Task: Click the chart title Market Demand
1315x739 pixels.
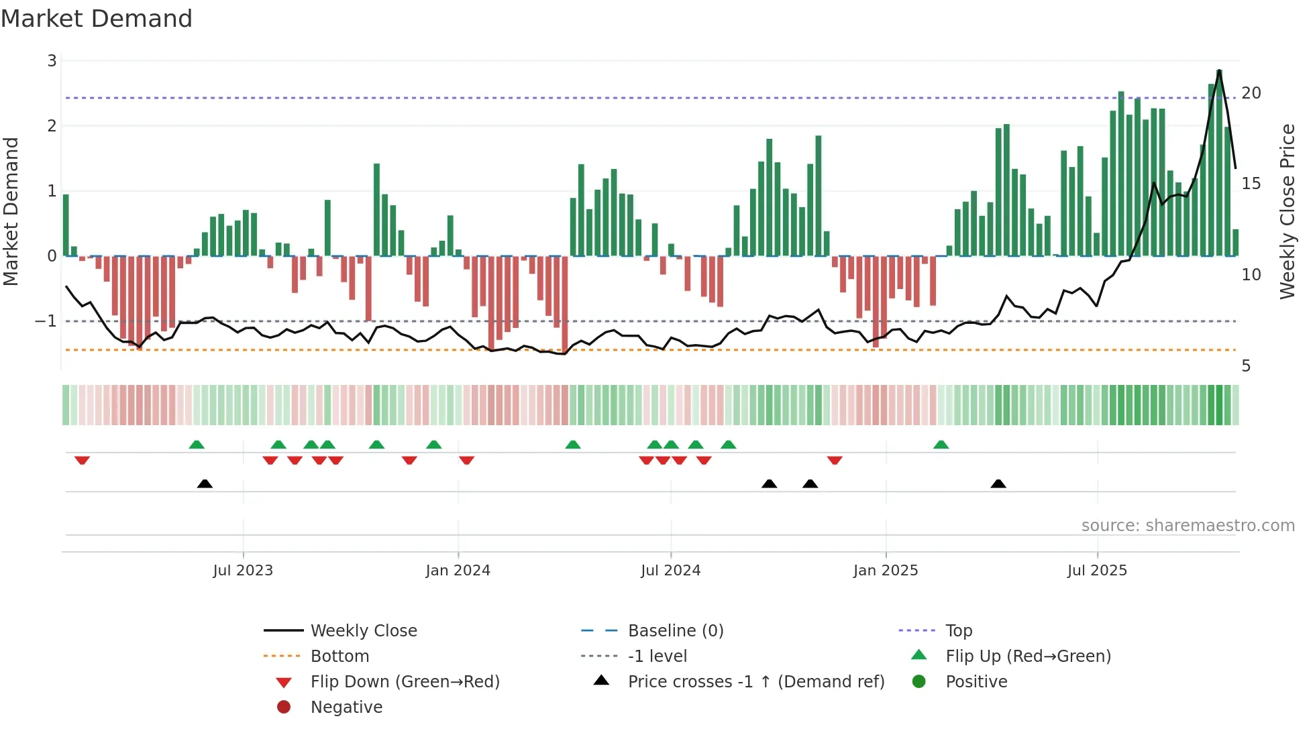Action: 97,19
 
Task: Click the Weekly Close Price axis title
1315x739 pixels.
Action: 1287,211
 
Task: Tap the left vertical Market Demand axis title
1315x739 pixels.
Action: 11,211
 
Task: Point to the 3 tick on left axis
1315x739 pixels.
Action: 52,61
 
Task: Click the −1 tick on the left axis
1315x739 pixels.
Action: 46,321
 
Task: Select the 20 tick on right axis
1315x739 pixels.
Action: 1251,93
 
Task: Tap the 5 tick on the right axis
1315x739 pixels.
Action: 1246,366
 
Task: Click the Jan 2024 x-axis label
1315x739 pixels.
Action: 458,571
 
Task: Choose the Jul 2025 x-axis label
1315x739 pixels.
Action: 1097,571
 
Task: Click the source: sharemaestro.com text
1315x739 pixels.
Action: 1188,526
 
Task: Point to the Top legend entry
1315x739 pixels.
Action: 959,631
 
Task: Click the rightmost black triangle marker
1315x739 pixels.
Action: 998,484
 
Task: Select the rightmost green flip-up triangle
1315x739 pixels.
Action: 941,445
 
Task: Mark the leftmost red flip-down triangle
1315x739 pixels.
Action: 82,460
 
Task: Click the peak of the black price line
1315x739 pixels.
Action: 1219,71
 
